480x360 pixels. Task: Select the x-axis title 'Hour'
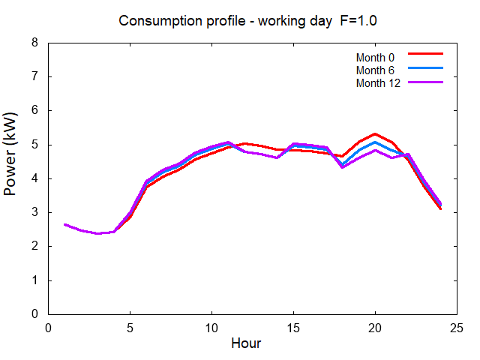(246, 343)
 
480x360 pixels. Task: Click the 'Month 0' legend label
(376, 57)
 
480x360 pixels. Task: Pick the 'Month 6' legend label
(376, 70)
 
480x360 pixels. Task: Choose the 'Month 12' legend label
(378, 82)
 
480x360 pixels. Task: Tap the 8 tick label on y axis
(34, 43)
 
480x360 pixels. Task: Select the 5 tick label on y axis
(34, 145)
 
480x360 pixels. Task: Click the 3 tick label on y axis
(34, 213)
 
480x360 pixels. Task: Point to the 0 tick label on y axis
(34, 314)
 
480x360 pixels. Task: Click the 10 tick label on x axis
(212, 327)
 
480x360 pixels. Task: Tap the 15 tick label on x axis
(294, 327)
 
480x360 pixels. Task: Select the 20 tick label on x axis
(376, 327)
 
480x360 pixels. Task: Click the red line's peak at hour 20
(375, 134)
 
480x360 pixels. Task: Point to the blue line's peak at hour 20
(375, 142)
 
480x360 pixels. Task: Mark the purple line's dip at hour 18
(343, 166)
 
